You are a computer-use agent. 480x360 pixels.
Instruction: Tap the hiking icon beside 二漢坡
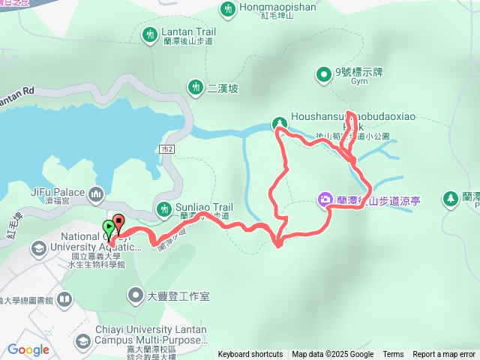click(196, 87)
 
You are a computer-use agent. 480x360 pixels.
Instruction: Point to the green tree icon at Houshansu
click(279, 122)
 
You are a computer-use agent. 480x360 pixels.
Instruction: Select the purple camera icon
click(325, 199)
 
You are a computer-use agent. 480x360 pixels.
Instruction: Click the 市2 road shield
click(166, 150)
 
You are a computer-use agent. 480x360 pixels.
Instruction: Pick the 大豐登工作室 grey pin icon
click(136, 295)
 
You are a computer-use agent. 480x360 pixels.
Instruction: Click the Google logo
click(28, 349)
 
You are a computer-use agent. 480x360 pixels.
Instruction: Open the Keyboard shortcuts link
click(250, 355)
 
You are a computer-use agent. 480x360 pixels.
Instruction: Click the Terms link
click(393, 355)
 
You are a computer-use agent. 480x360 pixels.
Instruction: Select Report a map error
click(444, 355)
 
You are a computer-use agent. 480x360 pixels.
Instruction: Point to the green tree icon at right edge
click(451, 199)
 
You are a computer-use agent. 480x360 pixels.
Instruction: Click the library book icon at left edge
click(65, 301)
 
